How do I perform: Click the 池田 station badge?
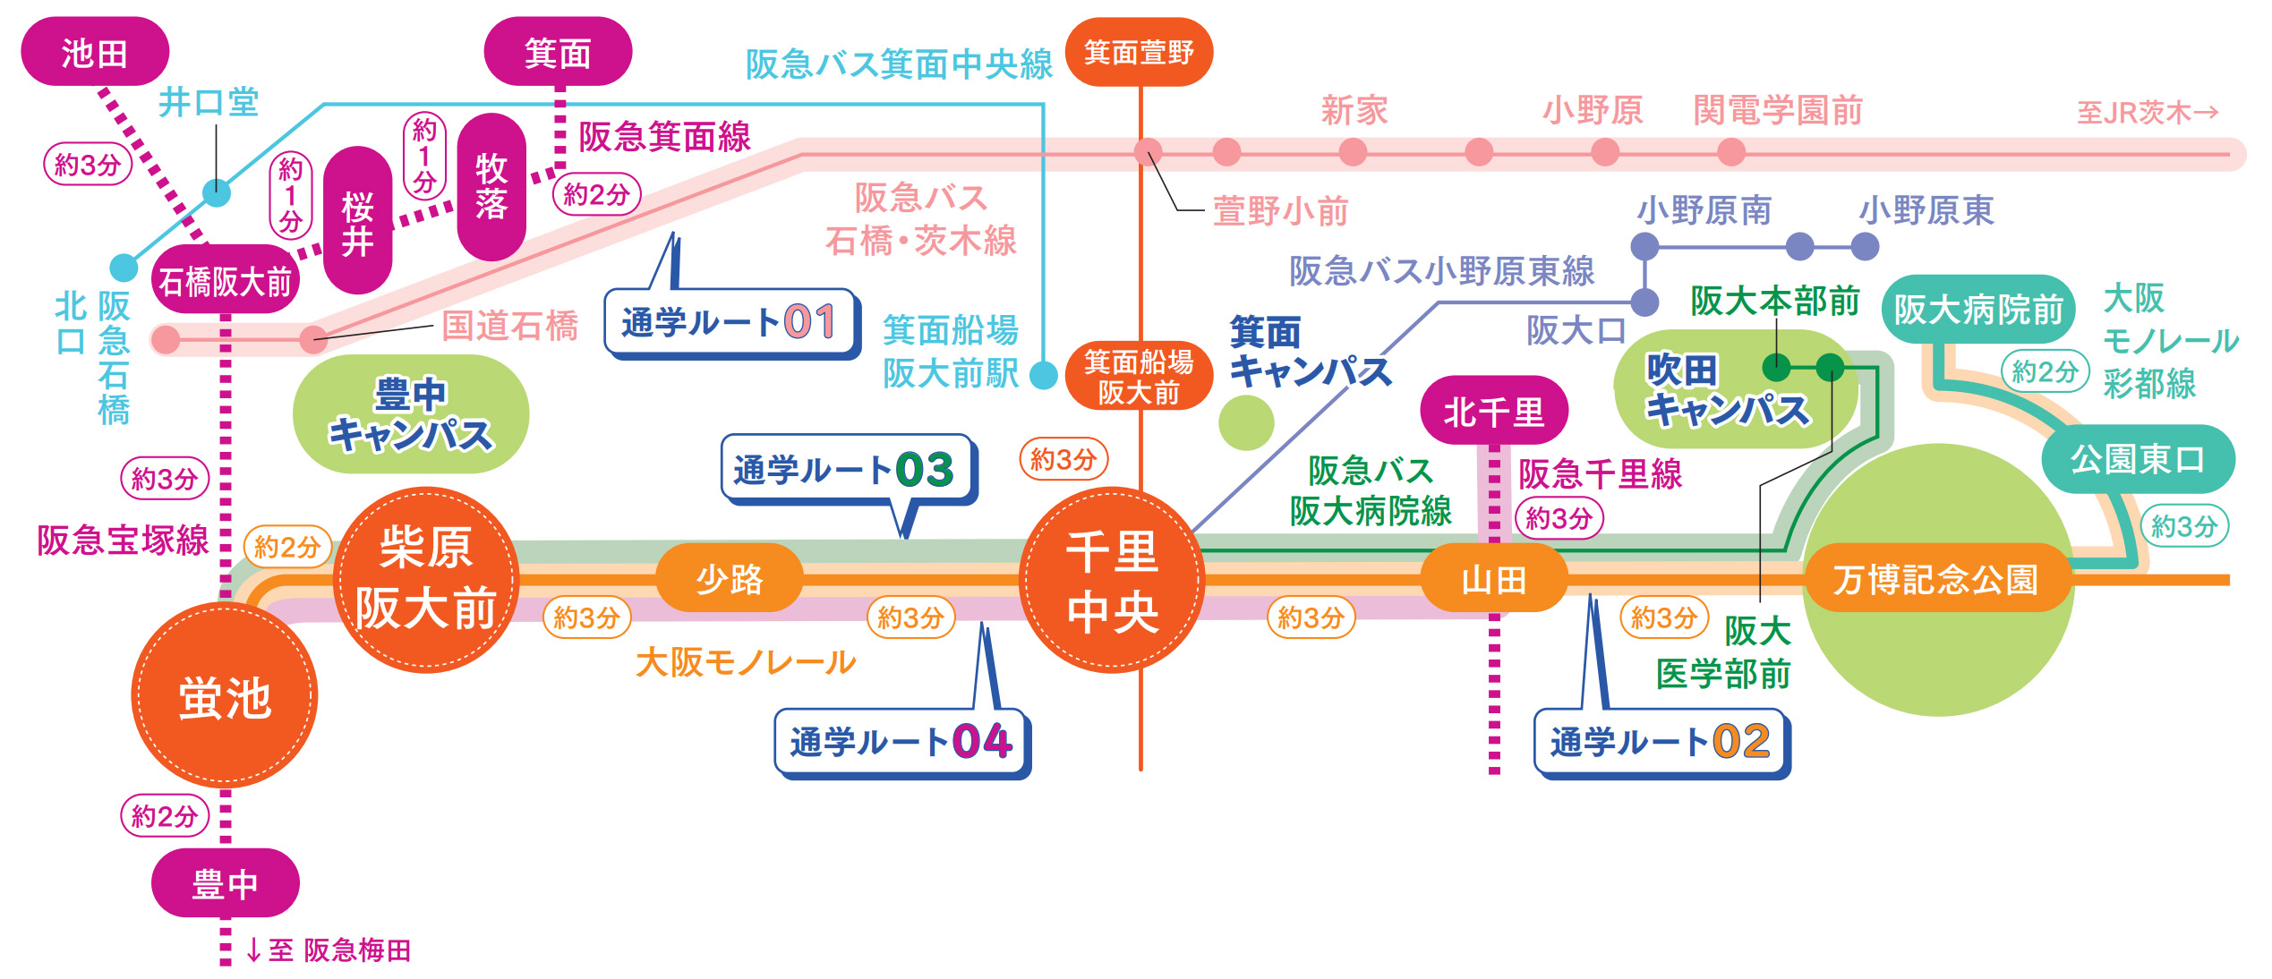(x=95, y=52)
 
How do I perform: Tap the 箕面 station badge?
(x=558, y=52)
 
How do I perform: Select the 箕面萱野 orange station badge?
(x=1139, y=52)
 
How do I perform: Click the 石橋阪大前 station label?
(x=226, y=280)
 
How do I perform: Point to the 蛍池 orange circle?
(x=225, y=695)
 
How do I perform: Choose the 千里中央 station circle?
(x=1113, y=580)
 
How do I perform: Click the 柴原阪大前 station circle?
(x=426, y=580)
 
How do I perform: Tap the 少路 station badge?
(x=730, y=578)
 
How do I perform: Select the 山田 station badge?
(x=1494, y=578)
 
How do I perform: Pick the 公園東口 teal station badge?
(x=2138, y=459)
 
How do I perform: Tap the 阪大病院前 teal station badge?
(x=1978, y=309)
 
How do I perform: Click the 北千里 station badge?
(x=1494, y=411)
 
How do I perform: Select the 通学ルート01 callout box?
(x=730, y=323)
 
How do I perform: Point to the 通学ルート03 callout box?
(x=847, y=470)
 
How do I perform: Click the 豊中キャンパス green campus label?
(x=411, y=413)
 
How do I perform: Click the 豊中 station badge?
(x=226, y=883)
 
